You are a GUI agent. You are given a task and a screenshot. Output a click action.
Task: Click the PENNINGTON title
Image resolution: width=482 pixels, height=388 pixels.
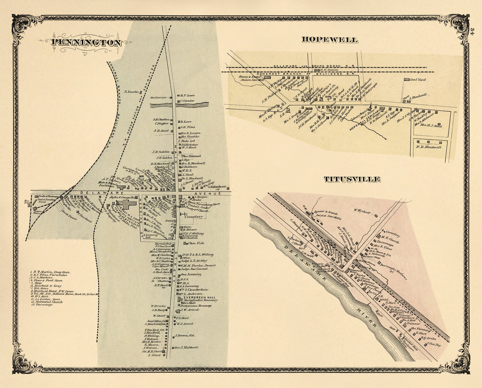(x=86, y=43)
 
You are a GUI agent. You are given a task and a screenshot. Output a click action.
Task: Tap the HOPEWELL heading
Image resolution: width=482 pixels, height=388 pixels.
(x=330, y=40)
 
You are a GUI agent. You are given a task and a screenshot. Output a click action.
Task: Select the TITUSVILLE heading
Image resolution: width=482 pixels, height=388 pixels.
(x=352, y=180)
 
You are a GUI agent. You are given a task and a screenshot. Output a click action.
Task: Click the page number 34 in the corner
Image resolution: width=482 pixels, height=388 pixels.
(x=472, y=32)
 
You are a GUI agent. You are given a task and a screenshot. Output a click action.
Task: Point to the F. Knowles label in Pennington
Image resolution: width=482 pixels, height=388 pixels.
(x=131, y=92)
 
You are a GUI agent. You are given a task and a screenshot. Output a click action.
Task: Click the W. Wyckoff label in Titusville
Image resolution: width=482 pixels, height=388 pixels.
(x=362, y=210)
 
